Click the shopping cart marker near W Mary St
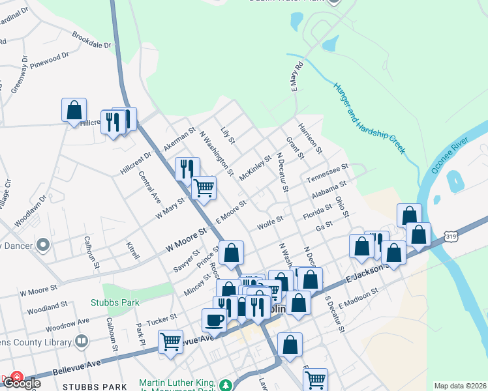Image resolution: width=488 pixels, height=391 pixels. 204,188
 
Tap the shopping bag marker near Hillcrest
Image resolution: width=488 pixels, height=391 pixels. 74,109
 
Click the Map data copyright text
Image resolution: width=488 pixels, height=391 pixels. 459,386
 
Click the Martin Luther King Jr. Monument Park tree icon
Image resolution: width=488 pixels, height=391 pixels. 226,385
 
